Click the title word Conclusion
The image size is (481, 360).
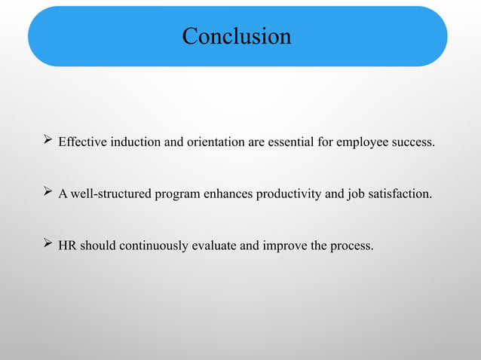237,36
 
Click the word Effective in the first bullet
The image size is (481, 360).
83,142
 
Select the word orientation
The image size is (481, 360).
216,142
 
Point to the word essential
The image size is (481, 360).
290,142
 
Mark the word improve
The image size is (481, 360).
283,246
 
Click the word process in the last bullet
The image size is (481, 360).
351,246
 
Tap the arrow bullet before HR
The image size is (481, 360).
47,245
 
